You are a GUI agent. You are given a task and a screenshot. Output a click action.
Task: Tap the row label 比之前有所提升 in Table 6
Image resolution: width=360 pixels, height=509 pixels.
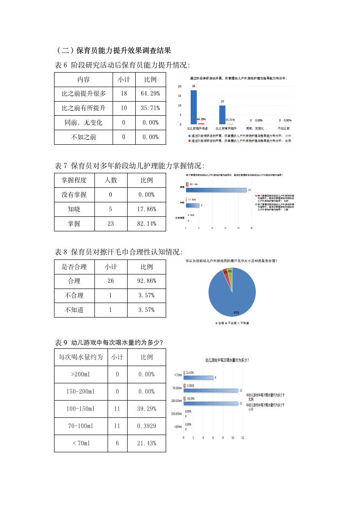pyautogui.click(x=84, y=108)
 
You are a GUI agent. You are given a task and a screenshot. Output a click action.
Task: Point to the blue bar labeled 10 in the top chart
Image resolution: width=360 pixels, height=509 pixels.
pyautogui.click(x=222, y=114)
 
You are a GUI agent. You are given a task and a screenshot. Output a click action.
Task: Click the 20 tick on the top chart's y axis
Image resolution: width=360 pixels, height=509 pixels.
pyautogui.click(x=180, y=86)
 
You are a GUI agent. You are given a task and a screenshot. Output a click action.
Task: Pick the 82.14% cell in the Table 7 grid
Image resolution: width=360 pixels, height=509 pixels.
pyautogui.click(x=147, y=224)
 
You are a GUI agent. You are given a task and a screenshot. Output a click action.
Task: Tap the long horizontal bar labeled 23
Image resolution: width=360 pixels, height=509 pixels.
pyautogui.click(x=217, y=190)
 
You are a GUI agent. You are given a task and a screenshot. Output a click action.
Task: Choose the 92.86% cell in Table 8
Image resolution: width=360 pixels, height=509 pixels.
pyautogui.click(x=147, y=281)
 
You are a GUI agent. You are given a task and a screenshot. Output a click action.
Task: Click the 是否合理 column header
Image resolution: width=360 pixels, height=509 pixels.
pyautogui.click(x=74, y=266)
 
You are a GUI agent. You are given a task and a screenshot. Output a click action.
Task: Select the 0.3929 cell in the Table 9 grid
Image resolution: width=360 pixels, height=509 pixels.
pyautogui.click(x=147, y=426)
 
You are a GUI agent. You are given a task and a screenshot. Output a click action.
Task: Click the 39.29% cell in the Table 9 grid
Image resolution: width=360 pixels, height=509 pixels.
pyautogui.click(x=147, y=409)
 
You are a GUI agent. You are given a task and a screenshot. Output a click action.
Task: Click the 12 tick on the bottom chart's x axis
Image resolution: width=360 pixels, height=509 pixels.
pyautogui.click(x=242, y=438)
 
